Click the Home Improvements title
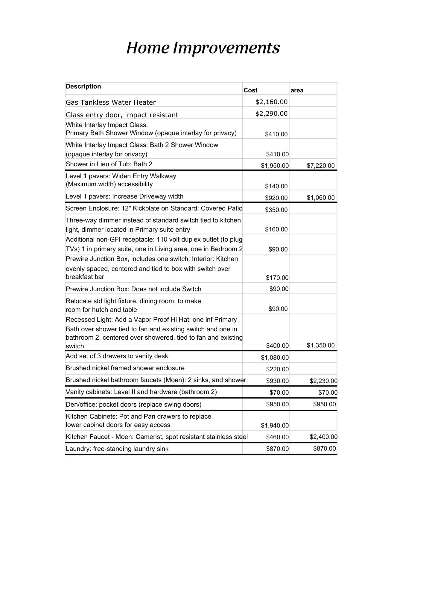203,48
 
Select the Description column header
83,86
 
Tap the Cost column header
250,90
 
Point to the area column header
297,90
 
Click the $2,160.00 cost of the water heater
271,102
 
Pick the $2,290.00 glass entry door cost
271,114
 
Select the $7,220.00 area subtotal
321,166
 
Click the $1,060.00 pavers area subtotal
321,198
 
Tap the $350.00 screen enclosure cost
276,210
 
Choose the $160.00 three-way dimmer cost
276,229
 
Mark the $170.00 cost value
277,278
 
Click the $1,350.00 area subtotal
321,345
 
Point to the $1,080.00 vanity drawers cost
275,358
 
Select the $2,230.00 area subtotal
323,381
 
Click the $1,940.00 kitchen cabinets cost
275,425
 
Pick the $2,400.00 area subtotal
323,437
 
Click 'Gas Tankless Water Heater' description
111,103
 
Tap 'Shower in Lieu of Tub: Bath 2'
109,164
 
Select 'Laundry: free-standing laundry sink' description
117,449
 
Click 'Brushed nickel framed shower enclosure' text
125,368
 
